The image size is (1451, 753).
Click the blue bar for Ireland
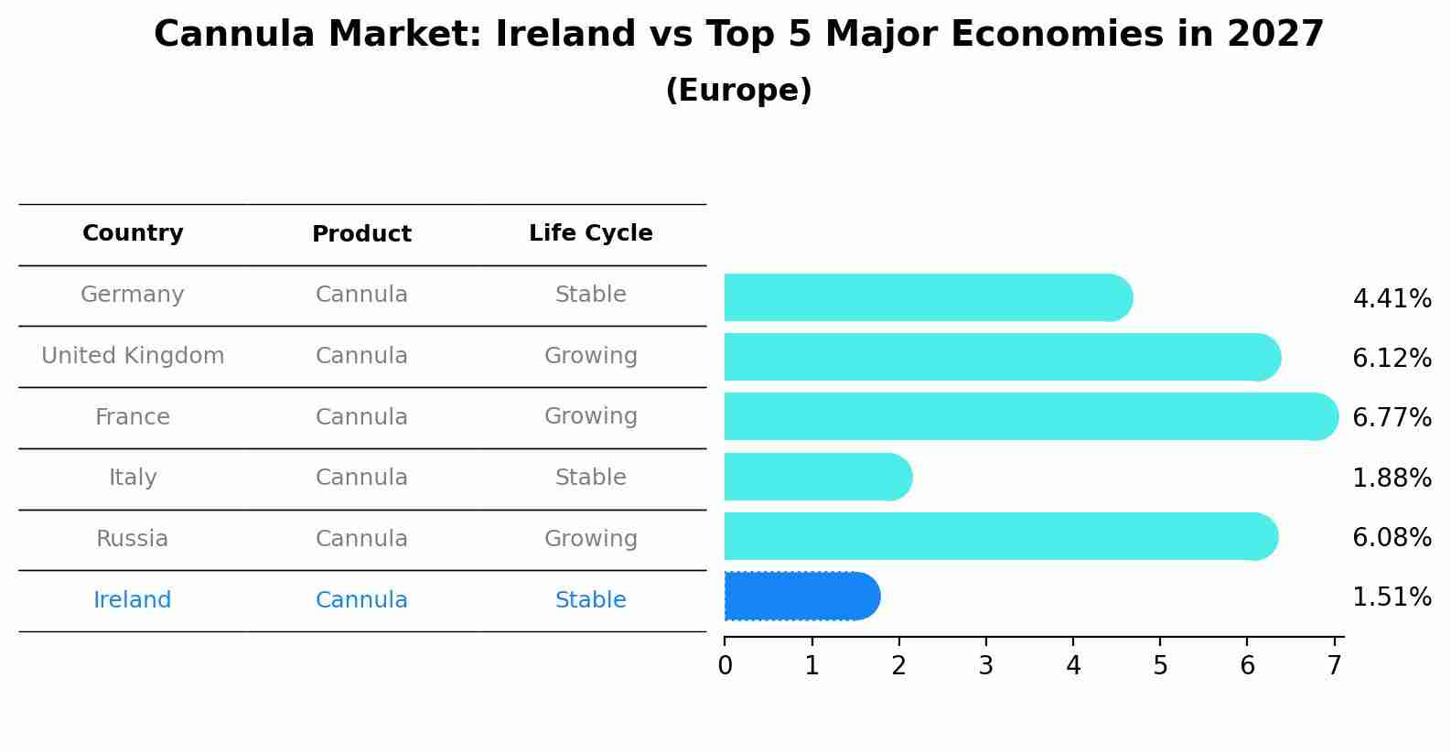pyautogui.click(x=801, y=597)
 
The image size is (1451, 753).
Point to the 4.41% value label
pyautogui.click(x=1392, y=299)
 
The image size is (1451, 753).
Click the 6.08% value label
pyautogui.click(x=1392, y=537)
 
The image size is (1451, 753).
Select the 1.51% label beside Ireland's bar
pyautogui.click(x=1392, y=597)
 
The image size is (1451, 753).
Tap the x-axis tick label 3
pyautogui.click(x=985, y=666)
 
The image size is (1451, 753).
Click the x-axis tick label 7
pyautogui.click(x=1335, y=666)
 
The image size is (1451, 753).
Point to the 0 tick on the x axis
pyautogui.click(x=725, y=666)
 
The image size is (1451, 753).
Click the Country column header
pyautogui.click(x=133, y=233)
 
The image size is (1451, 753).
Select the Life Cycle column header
pyautogui.click(x=590, y=233)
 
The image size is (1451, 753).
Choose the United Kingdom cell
pyautogui.click(x=133, y=356)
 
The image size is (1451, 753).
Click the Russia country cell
pyautogui.click(x=133, y=539)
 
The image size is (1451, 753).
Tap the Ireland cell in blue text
pyautogui.click(x=133, y=600)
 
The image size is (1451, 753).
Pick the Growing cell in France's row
pyautogui.click(x=590, y=416)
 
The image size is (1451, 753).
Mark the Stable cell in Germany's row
pyautogui.click(x=590, y=295)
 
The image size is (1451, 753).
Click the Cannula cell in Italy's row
pyautogui.click(x=361, y=478)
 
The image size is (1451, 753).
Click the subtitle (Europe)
pyautogui.click(x=738, y=91)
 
